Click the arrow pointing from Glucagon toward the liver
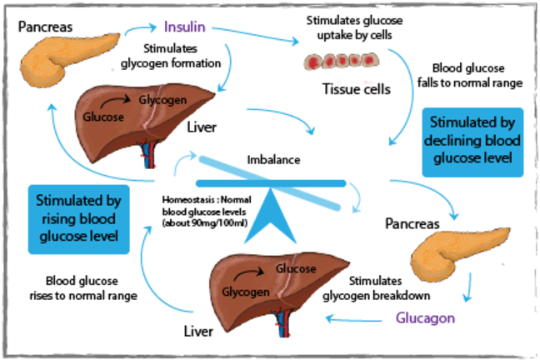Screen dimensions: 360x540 pyautogui.click(x=350, y=317)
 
